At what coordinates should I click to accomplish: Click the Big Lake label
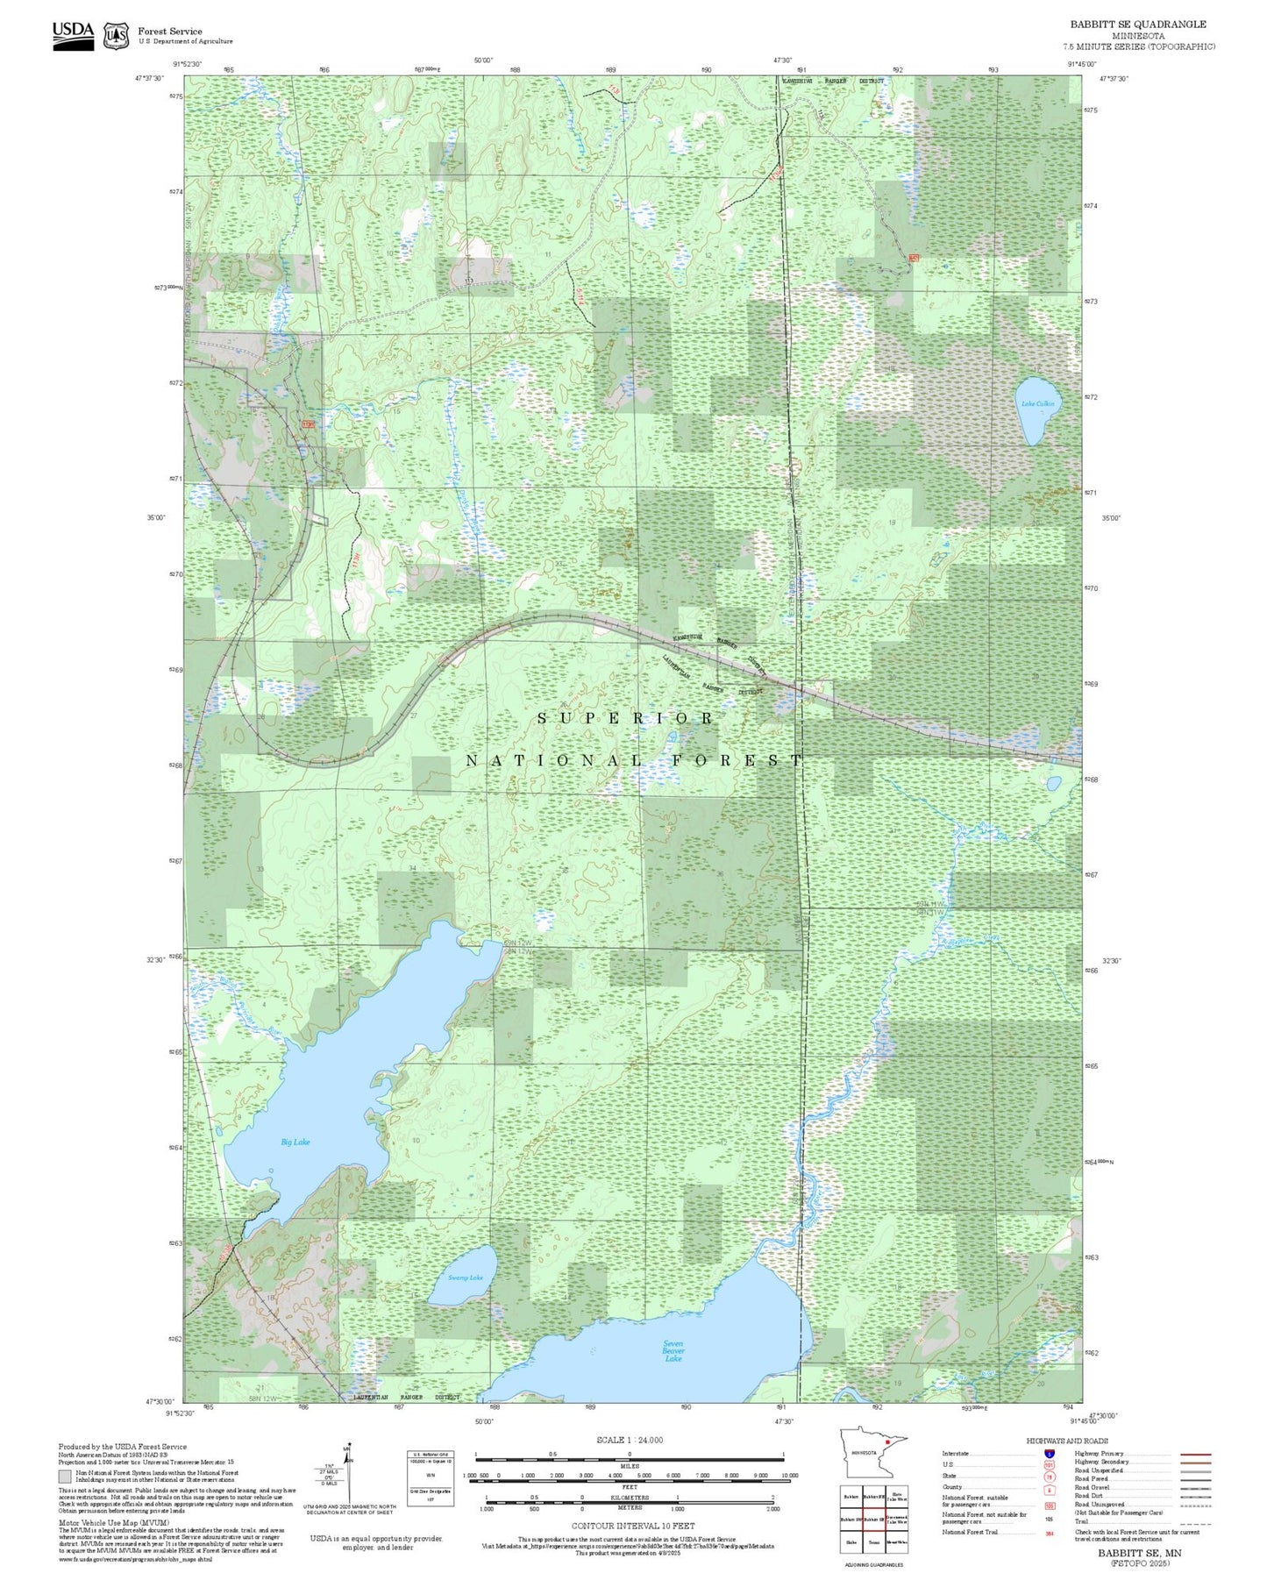click(x=295, y=1142)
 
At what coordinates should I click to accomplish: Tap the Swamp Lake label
click(x=466, y=1278)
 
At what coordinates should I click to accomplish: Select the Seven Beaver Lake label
click(x=673, y=1350)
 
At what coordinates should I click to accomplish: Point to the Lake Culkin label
click(x=1036, y=403)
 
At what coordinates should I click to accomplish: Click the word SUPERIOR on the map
click(x=625, y=718)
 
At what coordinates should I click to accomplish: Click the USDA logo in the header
click(x=73, y=35)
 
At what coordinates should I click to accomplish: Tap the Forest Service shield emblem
click(x=116, y=36)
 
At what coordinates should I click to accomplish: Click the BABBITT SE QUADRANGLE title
click(x=1137, y=25)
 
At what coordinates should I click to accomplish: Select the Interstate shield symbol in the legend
click(x=1050, y=1453)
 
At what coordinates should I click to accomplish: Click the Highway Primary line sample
click(x=1196, y=1453)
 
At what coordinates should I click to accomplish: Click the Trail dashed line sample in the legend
click(x=1196, y=1524)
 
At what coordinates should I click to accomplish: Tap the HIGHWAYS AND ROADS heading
click(x=1067, y=1441)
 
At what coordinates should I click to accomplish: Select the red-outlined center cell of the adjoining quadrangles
click(x=873, y=1519)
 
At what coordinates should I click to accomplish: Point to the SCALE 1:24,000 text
click(x=630, y=1440)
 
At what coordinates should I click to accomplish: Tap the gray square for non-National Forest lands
click(x=66, y=1477)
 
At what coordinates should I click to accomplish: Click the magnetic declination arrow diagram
click(x=347, y=1473)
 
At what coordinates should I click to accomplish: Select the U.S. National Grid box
click(x=431, y=1478)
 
